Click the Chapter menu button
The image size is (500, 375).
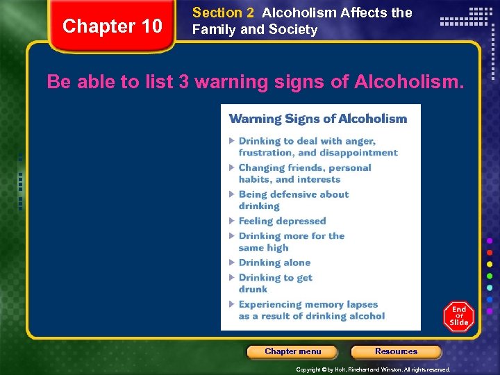click(292, 351)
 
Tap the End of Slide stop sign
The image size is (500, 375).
click(459, 316)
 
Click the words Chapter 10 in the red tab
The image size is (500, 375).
click(112, 26)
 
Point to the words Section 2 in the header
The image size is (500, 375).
click(223, 12)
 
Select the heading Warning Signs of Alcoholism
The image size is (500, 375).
click(318, 119)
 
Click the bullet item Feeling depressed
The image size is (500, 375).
click(282, 222)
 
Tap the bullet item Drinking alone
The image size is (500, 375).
click(274, 262)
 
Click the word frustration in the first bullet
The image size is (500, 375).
click(266, 153)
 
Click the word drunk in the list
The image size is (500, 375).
click(253, 289)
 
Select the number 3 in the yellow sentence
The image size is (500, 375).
click(184, 82)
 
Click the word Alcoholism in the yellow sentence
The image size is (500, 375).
click(407, 82)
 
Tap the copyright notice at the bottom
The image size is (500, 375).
click(373, 369)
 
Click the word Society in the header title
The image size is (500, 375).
click(294, 30)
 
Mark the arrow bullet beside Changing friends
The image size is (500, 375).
click(233, 168)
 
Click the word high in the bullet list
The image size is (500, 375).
click(277, 247)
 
